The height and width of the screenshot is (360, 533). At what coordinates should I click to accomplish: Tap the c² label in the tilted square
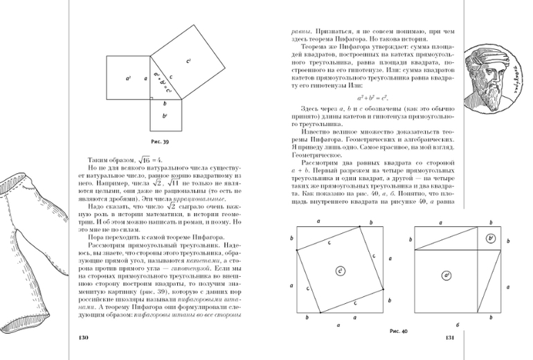click(188, 62)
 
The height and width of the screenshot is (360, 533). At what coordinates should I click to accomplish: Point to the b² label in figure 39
click(165, 116)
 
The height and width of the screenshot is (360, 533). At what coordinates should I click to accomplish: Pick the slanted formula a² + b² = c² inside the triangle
click(164, 81)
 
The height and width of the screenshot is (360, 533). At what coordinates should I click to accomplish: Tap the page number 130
click(84, 338)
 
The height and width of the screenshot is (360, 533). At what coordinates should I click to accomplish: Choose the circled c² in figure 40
click(341, 270)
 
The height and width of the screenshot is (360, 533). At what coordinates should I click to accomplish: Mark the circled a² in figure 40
click(447, 276)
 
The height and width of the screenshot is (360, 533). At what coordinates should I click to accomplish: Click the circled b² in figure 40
click(490, 238)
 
